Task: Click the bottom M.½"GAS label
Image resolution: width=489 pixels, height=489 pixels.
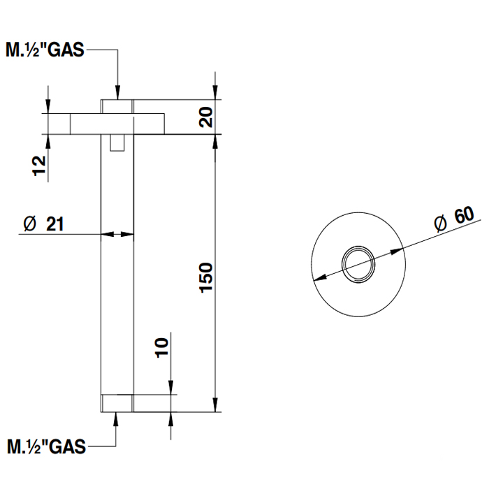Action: [46, 446]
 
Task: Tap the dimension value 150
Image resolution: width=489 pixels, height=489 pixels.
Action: [205, 277]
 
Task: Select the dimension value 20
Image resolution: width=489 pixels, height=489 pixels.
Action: [205, 117]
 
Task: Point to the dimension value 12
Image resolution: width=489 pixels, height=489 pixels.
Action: [39, 166]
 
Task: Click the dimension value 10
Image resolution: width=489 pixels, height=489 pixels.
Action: [161, 348]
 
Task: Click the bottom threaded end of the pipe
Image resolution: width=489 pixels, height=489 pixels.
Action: [117, 403]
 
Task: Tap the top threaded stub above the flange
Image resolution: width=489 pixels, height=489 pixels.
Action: [117, 106]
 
